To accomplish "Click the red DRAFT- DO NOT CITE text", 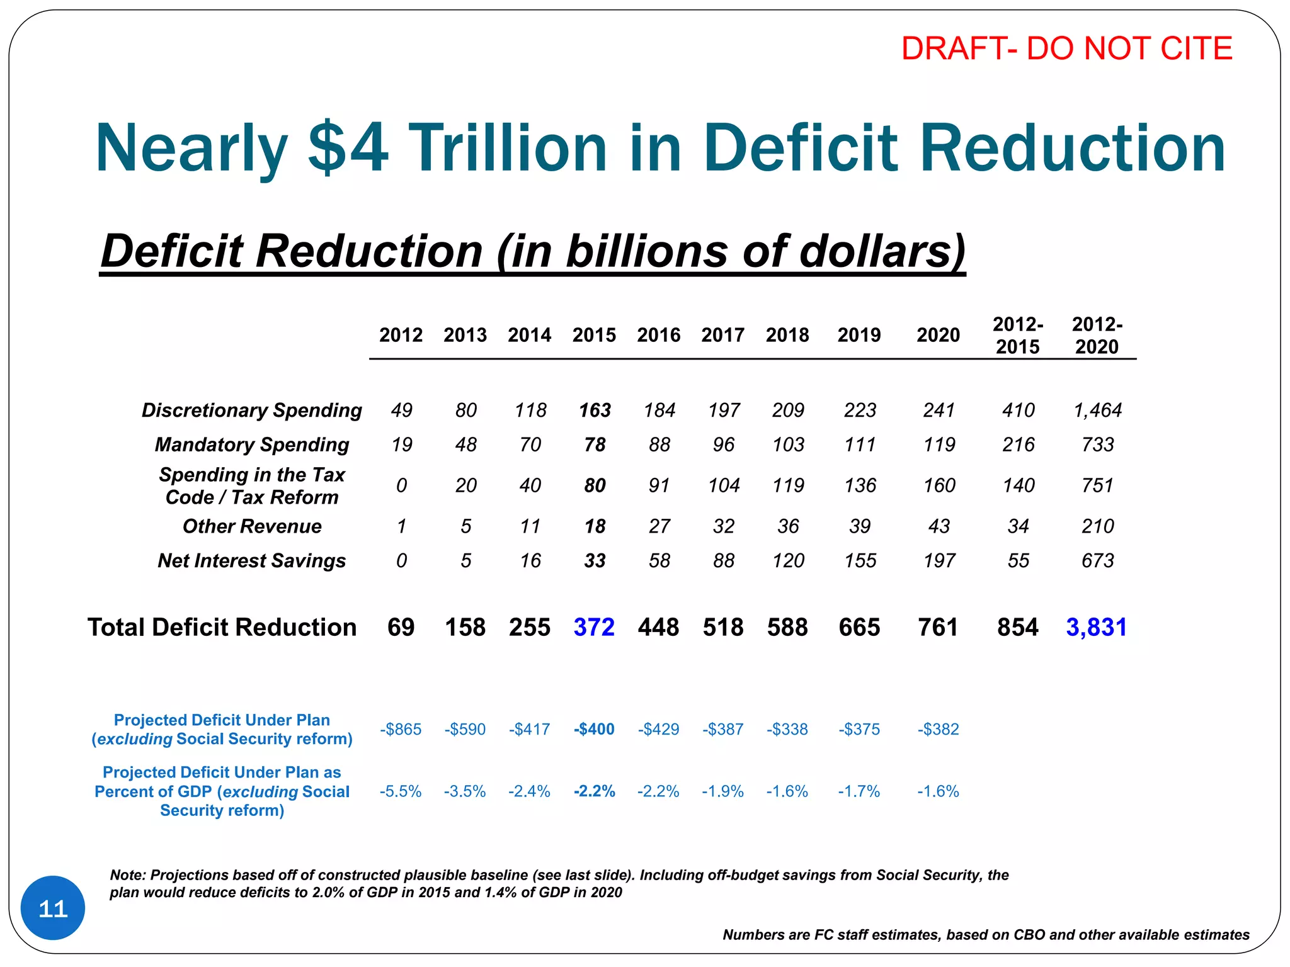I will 1066,48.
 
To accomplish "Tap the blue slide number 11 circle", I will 53,908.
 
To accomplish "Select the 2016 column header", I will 658,335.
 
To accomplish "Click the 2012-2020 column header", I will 1097,336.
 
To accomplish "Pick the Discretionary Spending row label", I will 251,410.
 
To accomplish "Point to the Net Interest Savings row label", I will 251,560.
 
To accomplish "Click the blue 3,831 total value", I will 1096,627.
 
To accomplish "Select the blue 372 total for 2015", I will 594,627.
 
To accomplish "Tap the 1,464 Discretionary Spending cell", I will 1097,410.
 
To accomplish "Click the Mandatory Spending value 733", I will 1097,444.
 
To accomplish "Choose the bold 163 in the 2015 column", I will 595,410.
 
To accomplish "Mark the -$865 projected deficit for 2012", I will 401,729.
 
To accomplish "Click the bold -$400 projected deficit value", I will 594,729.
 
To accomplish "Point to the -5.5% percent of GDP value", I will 401,791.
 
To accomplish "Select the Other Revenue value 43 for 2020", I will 939,526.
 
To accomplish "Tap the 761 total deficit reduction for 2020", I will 938,627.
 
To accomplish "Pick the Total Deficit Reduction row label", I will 222,627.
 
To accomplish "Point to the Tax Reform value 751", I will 1097,485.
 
